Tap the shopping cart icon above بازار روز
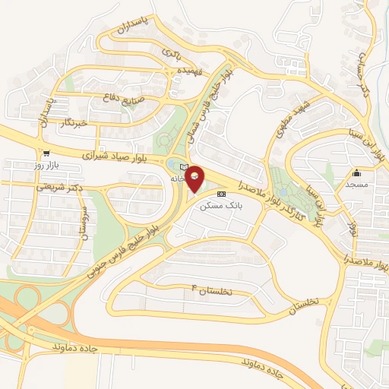coord(46,151)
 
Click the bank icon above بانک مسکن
coord(221,194)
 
